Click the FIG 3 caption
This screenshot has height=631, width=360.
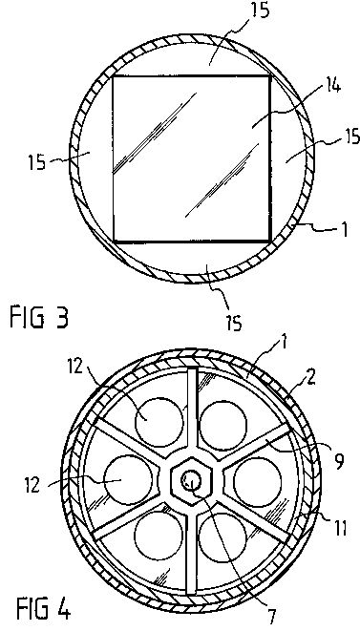(39, 317)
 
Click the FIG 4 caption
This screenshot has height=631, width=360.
(44, 609)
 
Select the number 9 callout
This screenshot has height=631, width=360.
(339, 462)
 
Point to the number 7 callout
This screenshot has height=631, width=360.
(273, 616)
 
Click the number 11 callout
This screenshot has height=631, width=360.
(339, 529)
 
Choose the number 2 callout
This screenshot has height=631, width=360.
(310, 379)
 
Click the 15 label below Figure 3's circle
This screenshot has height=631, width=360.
(234, 323)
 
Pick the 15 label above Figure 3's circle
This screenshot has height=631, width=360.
(260, 11)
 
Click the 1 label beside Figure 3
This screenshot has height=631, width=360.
(344, 230)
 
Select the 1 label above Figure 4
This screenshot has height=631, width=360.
(284, 344)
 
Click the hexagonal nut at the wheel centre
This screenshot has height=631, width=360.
(190, 480)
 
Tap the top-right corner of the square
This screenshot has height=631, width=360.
(270, 75)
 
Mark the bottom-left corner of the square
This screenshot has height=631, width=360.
(113, 242)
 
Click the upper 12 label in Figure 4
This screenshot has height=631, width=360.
(75, 367)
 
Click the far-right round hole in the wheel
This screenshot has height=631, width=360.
(258, 482)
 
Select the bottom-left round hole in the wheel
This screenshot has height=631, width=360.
(159, 536)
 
